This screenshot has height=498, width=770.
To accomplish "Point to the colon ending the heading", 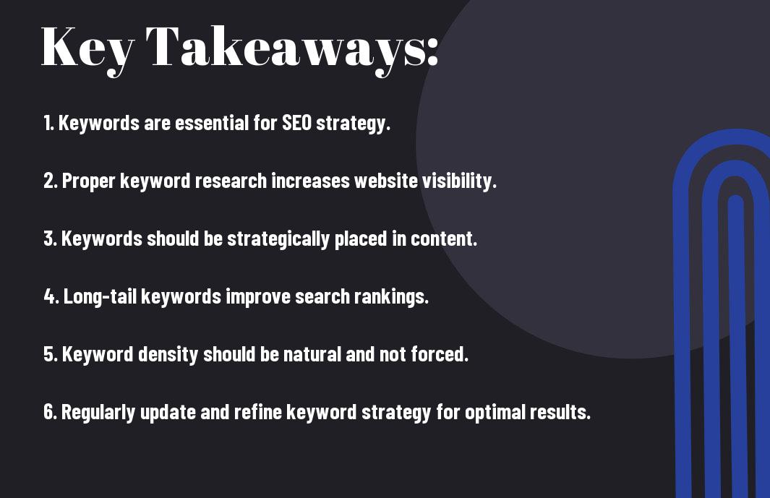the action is pos(432,51).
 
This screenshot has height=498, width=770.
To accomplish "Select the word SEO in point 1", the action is pos(296,123).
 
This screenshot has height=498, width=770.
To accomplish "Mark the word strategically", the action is pos(278,239).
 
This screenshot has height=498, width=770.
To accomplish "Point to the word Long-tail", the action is pos(100,296).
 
